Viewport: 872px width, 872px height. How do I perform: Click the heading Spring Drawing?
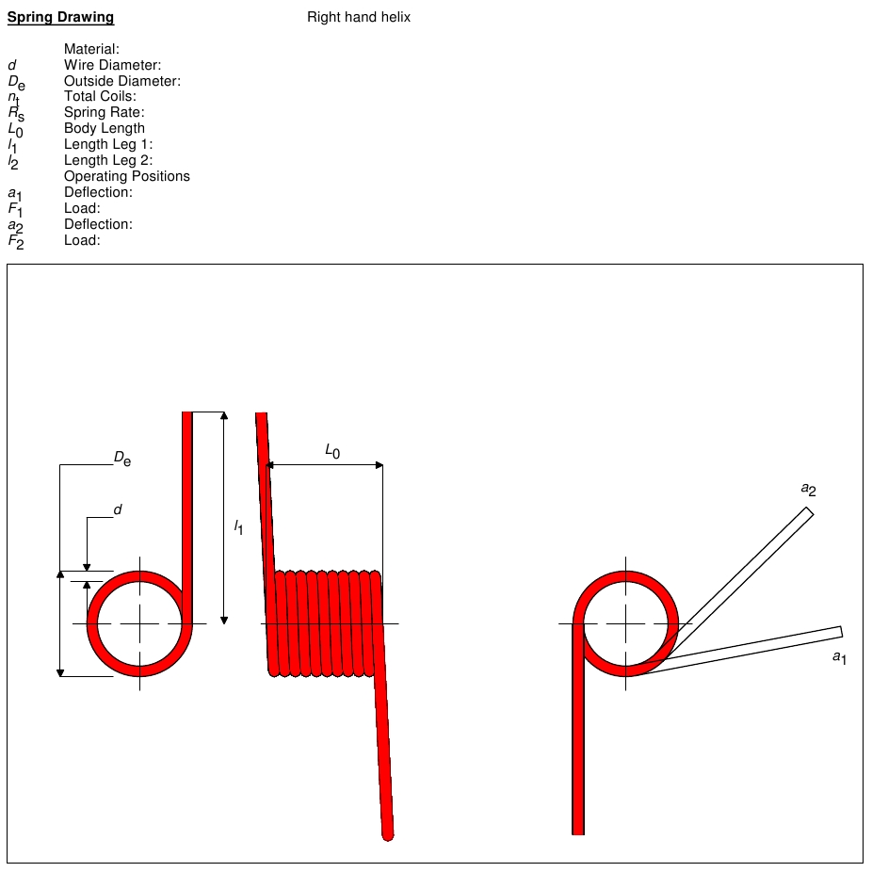[x=60, y=17]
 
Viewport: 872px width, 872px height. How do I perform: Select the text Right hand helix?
[x=359, y=17]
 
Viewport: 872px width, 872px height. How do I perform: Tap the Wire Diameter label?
[x=112, y=65]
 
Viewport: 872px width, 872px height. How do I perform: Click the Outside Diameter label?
[x=121, y=81]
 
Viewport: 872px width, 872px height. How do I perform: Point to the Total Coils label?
[x=100, y=96]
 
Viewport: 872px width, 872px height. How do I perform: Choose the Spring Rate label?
[x=104, y=112]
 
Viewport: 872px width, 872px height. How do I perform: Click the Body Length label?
[x=105, y=128]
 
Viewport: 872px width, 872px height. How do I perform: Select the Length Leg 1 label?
[x=108, y=144]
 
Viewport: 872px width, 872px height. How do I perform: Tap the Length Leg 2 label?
[x=108, y=160]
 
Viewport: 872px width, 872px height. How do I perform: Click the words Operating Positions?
[x=127, y=176]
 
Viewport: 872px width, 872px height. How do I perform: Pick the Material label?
[x=91, y=49]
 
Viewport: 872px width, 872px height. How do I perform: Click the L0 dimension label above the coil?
[x=331, y=452]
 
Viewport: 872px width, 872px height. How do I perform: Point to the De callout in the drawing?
[x=122, y=459]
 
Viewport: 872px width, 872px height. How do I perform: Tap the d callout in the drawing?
[x=118, y=509]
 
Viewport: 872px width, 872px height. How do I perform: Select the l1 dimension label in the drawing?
[x=238, y=528]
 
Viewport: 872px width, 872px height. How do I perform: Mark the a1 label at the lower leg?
[x=839, y=656]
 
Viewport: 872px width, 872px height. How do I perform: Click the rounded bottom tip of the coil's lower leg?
[x=387, y=833]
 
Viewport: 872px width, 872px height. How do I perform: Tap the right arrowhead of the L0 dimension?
[x=379, y=465]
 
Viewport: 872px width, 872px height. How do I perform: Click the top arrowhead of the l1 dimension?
[x=223, y=416]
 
